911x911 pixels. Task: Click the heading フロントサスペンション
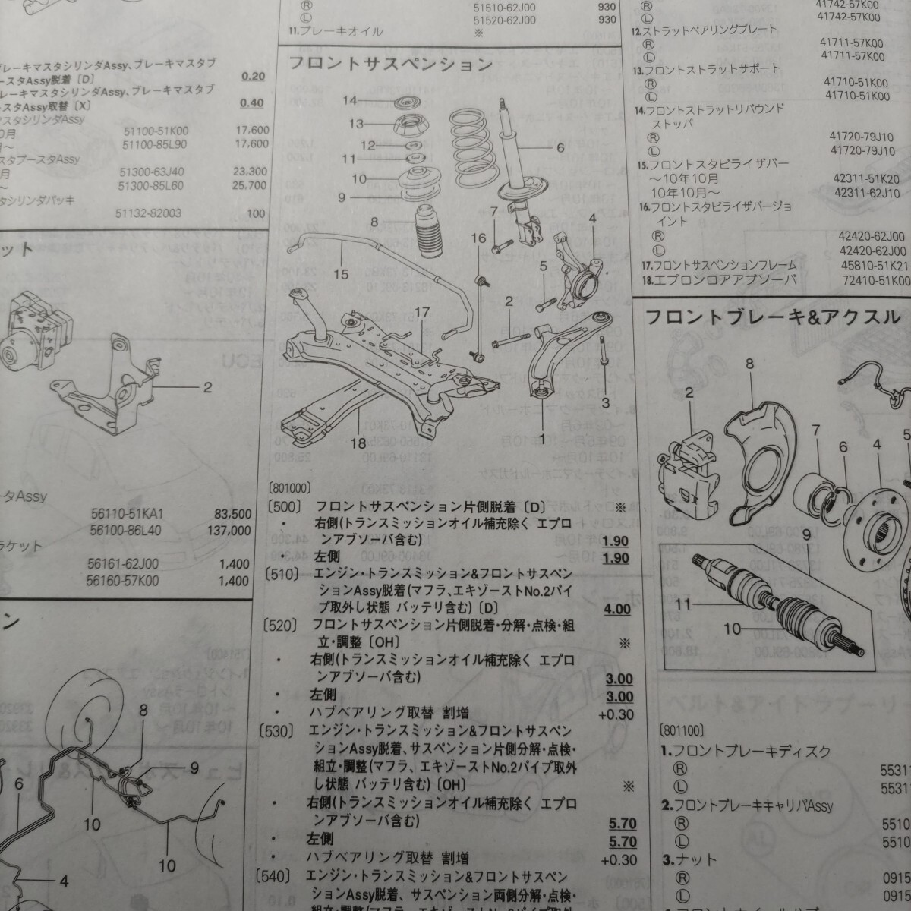tap(390, 64)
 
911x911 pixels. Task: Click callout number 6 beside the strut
tap(560, 147)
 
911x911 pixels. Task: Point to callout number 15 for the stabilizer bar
tap(341, 274)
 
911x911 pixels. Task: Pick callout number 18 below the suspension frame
tap(358, 443)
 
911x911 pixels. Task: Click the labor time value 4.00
tap(617, 608)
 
